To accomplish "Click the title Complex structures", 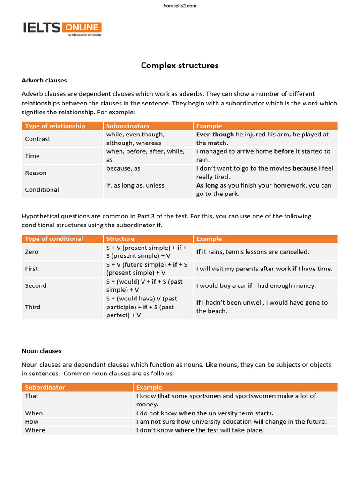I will tap(180, 66).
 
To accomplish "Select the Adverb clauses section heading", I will tap(44, 80).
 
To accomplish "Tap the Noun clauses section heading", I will tap(41, 351).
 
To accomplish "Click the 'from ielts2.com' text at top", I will tap(180, 6).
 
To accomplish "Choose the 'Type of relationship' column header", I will tap(55, 126).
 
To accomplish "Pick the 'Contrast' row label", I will tap(37, 139).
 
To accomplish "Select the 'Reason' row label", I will tap(36, 172).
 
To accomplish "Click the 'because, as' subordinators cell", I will tap(123, 168).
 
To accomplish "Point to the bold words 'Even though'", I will tap(215, 135).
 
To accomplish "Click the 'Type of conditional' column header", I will tap(54, 239).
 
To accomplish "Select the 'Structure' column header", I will tap(120, 239).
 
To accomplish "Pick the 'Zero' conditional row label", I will tap(31, 252).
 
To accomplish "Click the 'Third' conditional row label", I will tap(32, 307).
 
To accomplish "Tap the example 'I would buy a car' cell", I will tap(256, 285).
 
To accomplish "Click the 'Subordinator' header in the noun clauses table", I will tap(45, 387).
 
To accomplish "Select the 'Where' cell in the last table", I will tap(35, 430).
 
